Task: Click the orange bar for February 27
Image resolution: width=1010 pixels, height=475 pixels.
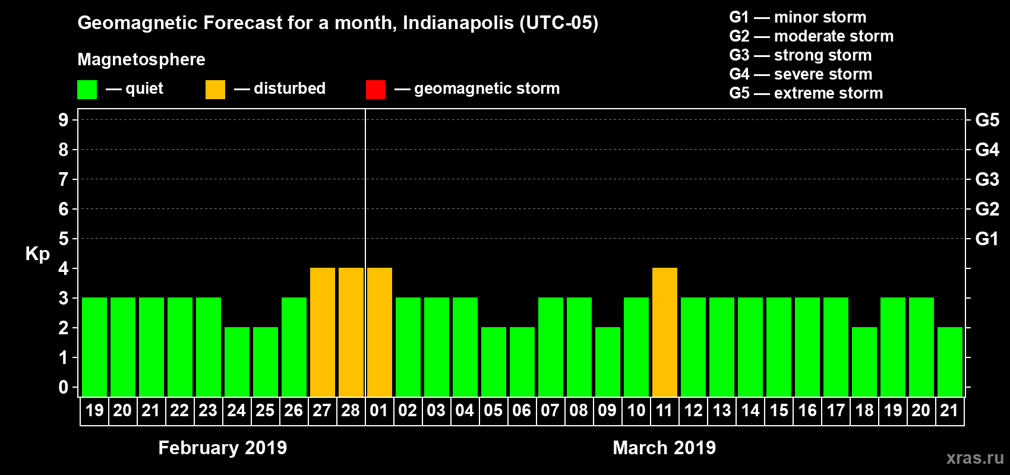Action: tap(323, 332)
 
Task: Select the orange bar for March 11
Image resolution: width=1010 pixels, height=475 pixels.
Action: tap(665, 332)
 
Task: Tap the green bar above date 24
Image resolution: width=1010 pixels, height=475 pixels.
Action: tap(237, 362)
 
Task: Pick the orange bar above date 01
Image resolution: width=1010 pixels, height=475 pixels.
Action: tap(380, 332)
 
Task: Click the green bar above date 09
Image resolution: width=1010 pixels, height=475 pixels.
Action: tap(608, 362)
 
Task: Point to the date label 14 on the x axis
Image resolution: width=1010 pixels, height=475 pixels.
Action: tap(750, 410)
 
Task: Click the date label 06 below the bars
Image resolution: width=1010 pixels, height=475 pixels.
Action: tap(522, 410)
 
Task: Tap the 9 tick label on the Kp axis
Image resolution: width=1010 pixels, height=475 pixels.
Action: tap(64, 120)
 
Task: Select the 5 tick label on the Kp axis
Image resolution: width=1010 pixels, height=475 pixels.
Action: tap(64, 239)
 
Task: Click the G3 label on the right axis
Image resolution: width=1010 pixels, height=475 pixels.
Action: tap(987, 179)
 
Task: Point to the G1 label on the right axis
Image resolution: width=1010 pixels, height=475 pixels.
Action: tap(987, 239)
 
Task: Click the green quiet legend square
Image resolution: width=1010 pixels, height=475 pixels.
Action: tap(87, 90)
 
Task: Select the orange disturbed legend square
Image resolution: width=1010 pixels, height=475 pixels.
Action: tap(216, 90)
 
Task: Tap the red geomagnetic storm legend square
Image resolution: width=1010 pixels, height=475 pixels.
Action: tap(376, 90)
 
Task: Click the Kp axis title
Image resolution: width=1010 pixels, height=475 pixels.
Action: tap(37, 254)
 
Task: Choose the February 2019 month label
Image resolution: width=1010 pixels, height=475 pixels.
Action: tap(223, 448)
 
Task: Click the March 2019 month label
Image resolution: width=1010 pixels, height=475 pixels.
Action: tap(664, 448)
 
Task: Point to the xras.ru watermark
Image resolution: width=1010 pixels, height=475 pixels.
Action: tap(975, 458)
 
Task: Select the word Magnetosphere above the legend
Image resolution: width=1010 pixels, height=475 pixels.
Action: tap(141, 59)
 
